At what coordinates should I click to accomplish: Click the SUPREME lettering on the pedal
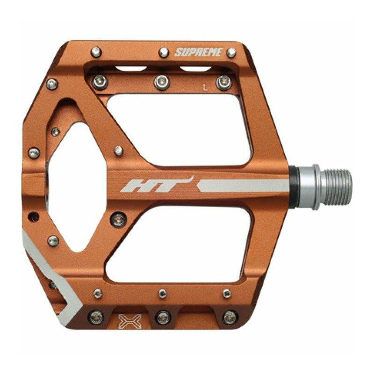coord(198,52)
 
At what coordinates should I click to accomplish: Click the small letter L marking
coord(205,87)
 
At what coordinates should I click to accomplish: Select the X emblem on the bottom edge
coord(130,321)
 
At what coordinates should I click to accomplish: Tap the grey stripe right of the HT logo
coord(243,186)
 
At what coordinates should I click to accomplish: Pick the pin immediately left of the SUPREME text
coord(164,52)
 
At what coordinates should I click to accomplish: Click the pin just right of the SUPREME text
coord(231,52)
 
